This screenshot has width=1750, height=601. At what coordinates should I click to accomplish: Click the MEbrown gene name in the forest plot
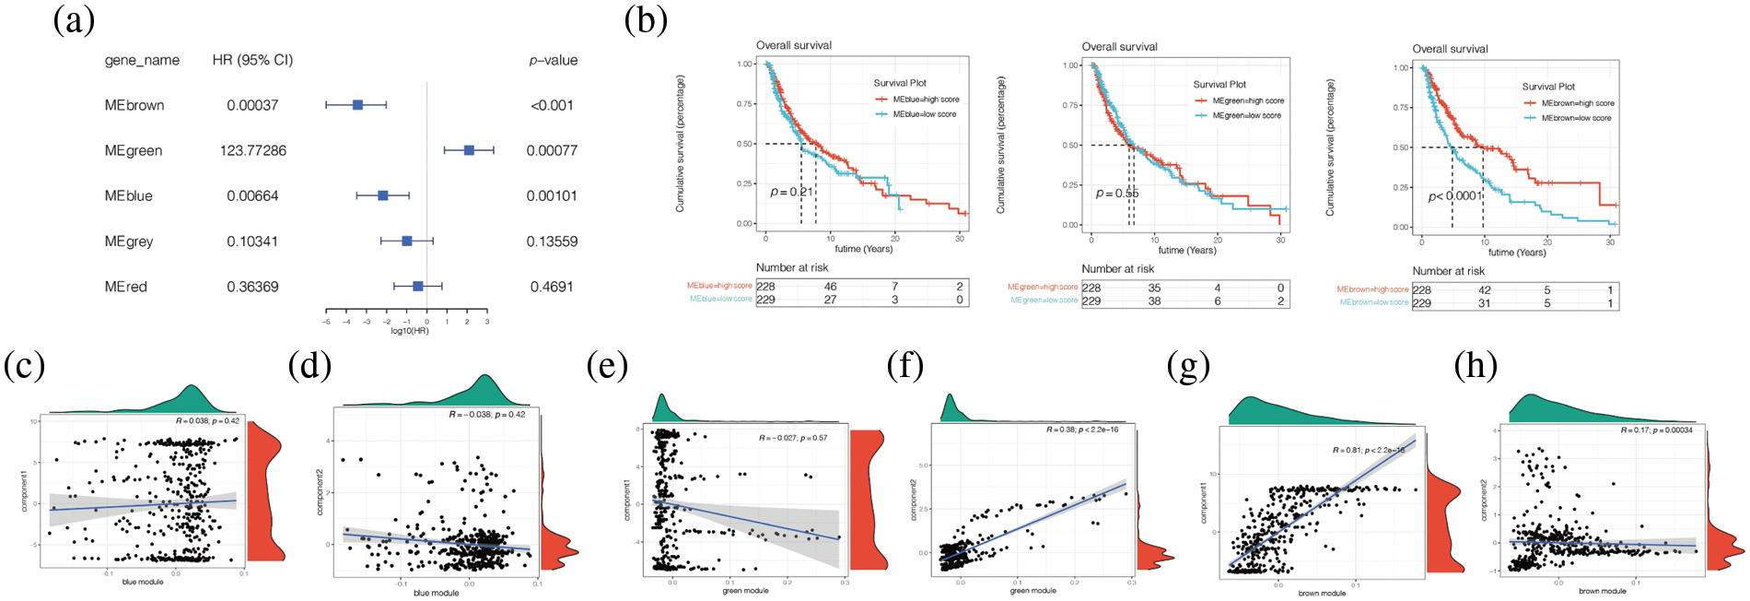pyautogui.click(x=134, y=105)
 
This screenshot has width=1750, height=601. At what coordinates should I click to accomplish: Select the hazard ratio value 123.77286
pyautogui.click(x=252, y=150)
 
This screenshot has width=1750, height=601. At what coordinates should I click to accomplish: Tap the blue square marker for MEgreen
pyautogui.click(x=469, y=149)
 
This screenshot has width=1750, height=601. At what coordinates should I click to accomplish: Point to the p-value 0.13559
pyautogui.click(x=552, y=242)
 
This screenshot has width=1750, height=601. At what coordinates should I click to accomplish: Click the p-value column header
pyautogui.click(x=553, y=60)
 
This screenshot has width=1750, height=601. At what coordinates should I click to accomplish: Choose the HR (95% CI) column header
pyautogui.click(x=252, y=60)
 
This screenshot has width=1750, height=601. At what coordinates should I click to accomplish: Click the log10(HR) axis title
pyautogui.click(x=409, y=331)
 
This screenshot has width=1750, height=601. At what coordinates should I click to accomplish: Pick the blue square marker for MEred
pyautogui.click(x=417, y=287)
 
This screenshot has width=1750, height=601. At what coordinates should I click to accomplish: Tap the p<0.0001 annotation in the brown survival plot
pyautogui.click(x=1454, y=196)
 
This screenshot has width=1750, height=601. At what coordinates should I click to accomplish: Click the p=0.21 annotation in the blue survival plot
pyautogui.click(x=792, y=192)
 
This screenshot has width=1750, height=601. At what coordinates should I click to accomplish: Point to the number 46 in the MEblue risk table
pyautogui.click(x=830, y=287)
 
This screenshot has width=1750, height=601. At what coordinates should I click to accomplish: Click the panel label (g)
pyautogui.click(x=1188, y=366)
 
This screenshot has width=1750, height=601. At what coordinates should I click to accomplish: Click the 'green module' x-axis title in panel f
pyautogui.click(x=1032, y=591)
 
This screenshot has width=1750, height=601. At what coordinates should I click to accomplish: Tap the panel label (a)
pyautogui.click(x=74, y=20)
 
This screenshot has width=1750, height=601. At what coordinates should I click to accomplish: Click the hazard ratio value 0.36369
pyautogui.click(x=252, y=287)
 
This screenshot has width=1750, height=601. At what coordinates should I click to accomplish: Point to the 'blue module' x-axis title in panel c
pyautogui.click(x=143, y=582)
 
